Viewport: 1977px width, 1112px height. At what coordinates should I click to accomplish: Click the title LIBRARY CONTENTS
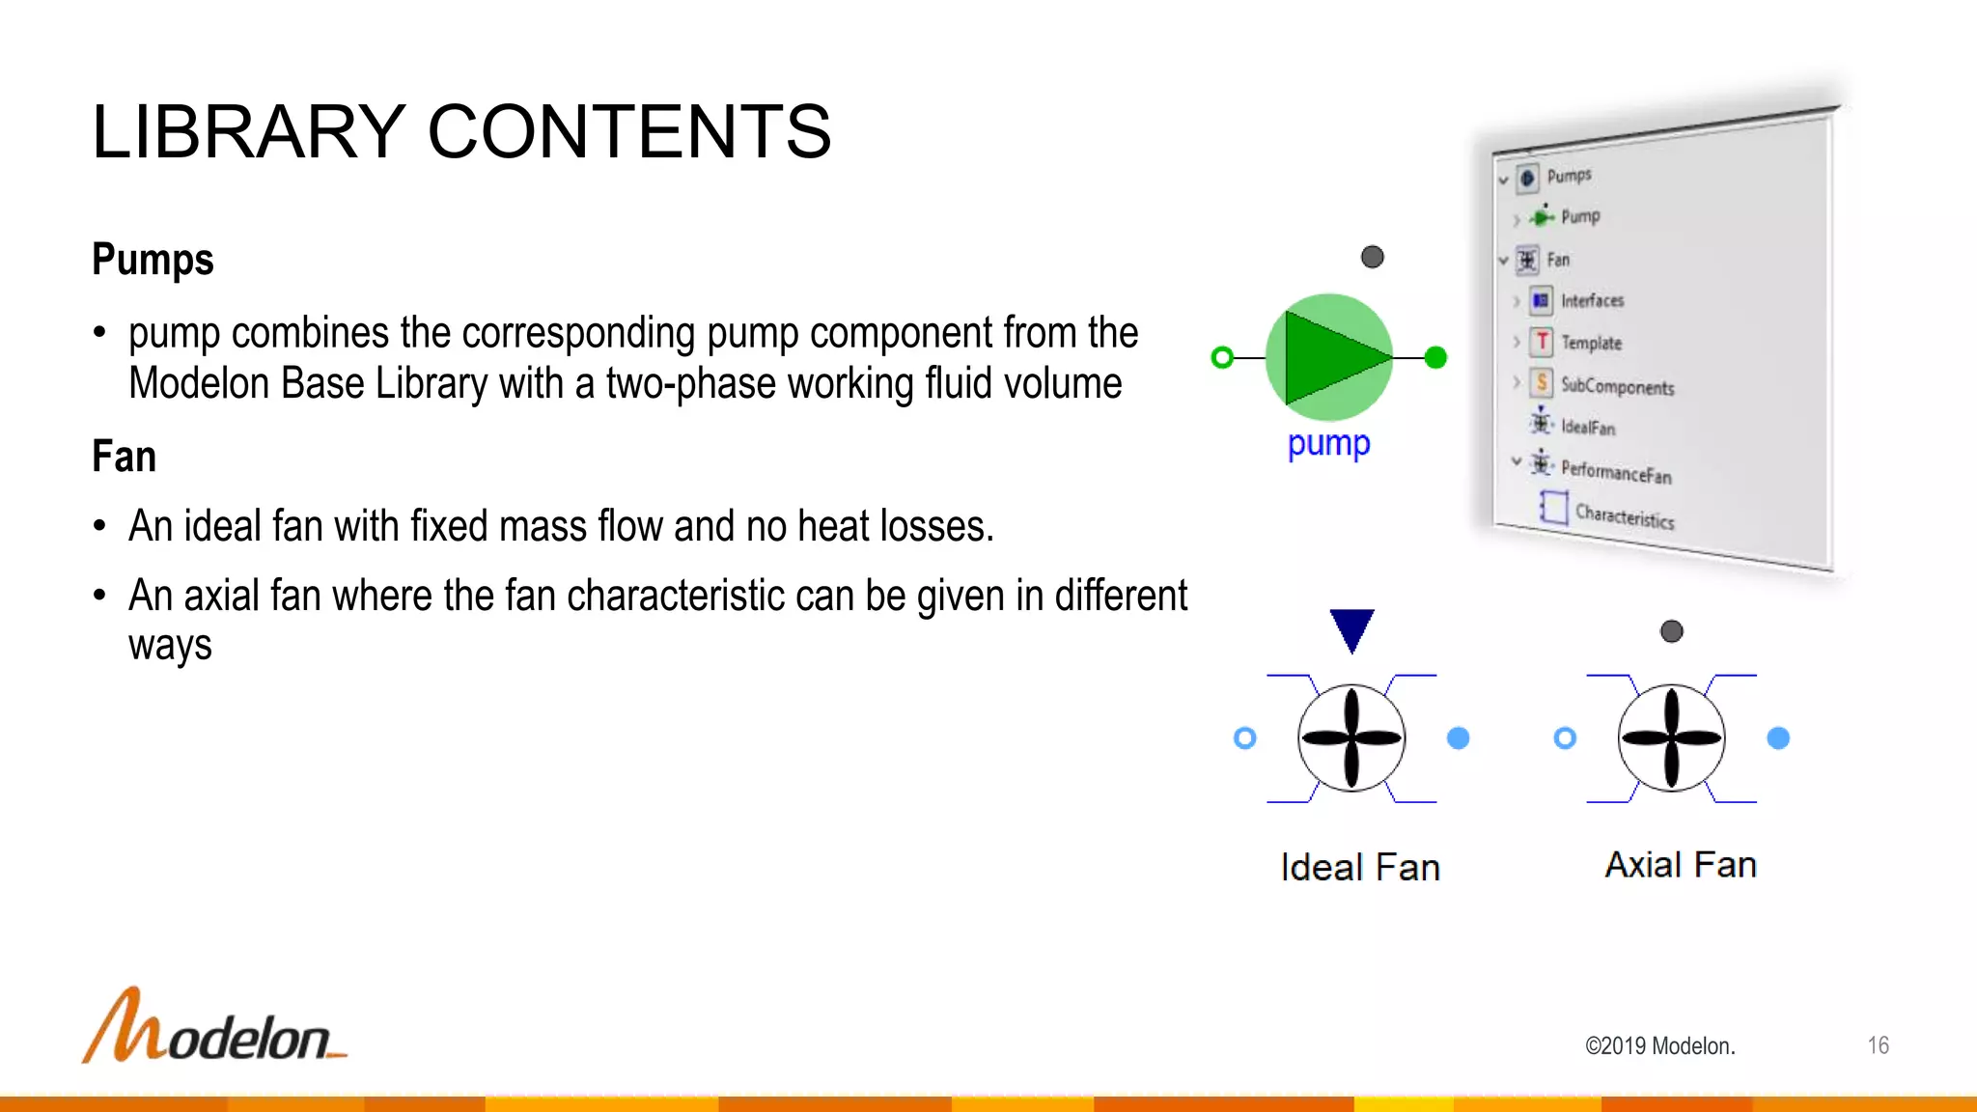[x=461, y=132]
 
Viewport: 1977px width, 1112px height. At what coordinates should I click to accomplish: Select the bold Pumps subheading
[x=153, y=260]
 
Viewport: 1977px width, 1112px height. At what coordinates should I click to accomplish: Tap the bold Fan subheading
[x=124, y=457]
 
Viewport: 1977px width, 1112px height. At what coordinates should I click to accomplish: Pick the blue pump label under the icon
[x=1328, y=444]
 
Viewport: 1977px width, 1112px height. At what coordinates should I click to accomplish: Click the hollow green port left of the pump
[x=1222, y=358]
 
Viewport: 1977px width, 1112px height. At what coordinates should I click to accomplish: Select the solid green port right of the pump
[x=1435, y=358]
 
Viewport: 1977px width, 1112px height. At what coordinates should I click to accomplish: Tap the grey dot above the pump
[x=1372, y=257]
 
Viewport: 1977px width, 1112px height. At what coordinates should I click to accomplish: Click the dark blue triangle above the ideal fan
[x=1351, y=629]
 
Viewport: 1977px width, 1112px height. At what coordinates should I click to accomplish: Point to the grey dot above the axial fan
[x=1671, y=631]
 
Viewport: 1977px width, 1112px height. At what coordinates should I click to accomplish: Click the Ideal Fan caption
[x=1360, y=867]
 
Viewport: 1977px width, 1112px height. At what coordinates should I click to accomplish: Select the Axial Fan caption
[x=1681, y=864]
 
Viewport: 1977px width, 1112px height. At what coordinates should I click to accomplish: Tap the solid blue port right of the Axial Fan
[x=1778, y=738]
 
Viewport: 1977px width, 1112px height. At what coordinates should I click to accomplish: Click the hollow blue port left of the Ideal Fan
[x=1245, y=738]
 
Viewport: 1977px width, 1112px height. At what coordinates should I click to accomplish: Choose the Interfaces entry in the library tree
[x=1592, y=301]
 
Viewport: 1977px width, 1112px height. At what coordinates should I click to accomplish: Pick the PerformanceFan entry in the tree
[x=1616, y=472]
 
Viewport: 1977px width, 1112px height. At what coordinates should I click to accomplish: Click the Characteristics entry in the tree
[x=1625, y=516]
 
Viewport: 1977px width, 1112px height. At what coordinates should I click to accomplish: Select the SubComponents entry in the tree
[x=1617, y=386]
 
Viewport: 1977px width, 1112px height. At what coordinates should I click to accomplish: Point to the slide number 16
[x=1878, y=1045]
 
